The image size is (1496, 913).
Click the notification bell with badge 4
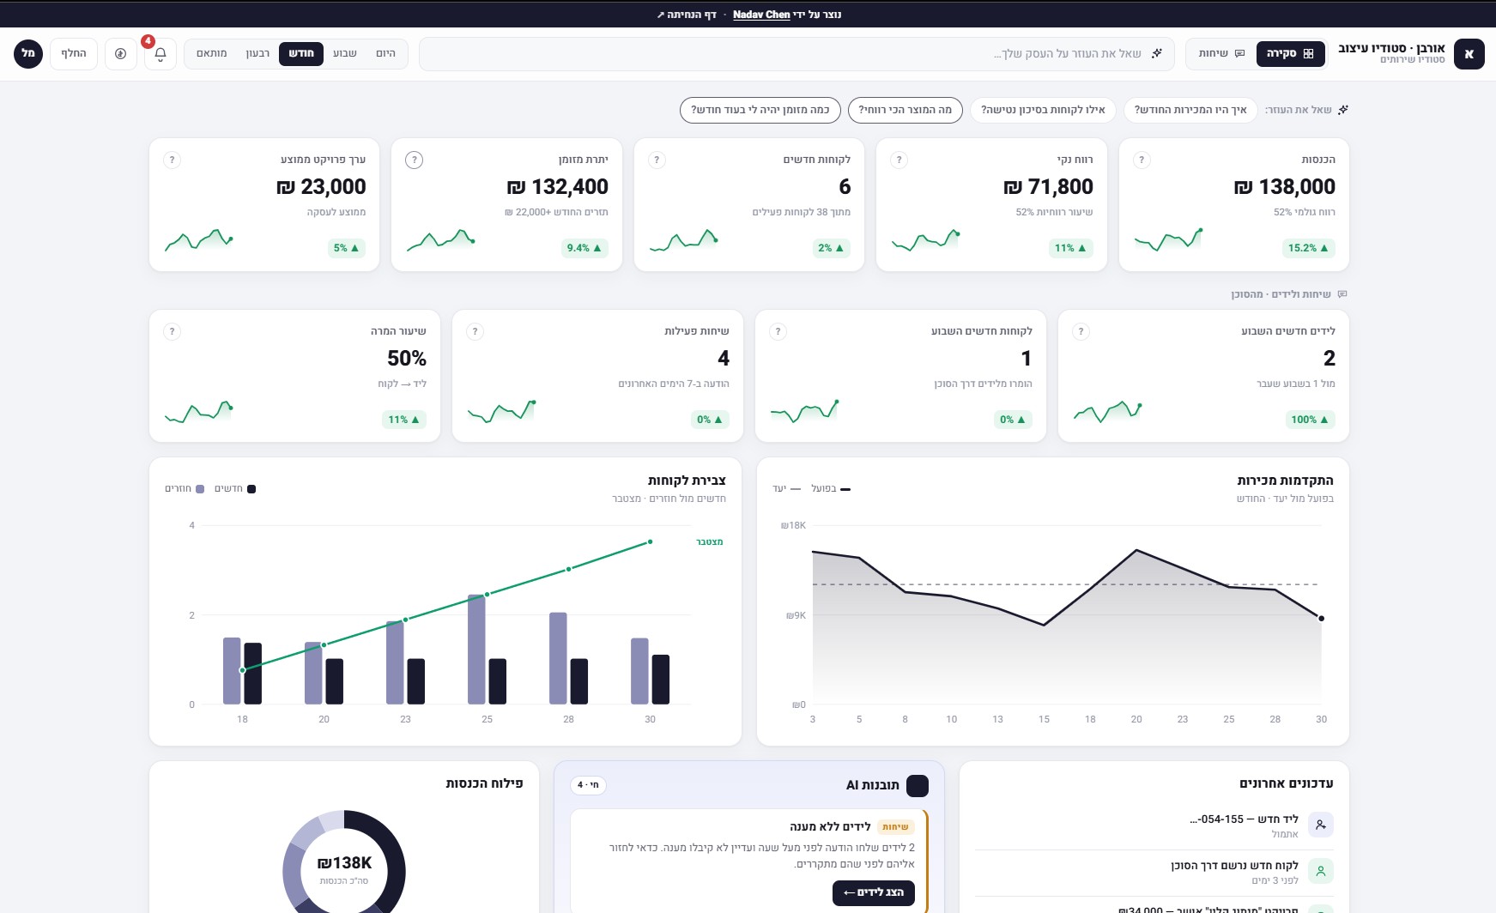point(161,54)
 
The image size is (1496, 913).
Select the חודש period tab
point(301,53)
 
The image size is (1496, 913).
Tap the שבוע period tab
point(345,53)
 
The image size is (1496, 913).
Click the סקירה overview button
point(1290,53)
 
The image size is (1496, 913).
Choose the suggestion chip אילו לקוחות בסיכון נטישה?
point(1043,110)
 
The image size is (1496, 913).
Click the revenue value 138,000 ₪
point(1285,186)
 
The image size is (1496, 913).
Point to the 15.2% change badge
point(1308,248)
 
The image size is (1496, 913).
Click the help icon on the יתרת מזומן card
point(414,160)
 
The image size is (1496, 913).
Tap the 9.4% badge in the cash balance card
point(584,248)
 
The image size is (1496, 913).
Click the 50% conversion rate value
point(407,358)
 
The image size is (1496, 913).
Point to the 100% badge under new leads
point(1310,420)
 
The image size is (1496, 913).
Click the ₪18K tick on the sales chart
point(793,525)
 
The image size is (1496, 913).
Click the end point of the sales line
point(1321,619)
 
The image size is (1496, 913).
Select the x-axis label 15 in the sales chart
point(1044,719)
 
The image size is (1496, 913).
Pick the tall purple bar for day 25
point(476,650)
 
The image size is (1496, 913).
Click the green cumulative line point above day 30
point(650,541)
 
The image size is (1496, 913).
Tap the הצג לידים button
point(874,892)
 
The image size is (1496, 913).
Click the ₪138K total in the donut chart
point(344,863)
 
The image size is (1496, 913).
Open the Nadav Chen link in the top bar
point(761,15)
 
